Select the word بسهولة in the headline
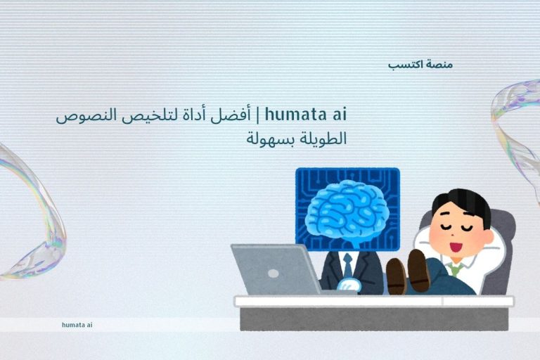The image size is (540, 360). tap(268, 138)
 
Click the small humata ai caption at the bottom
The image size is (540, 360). tap(77, 325)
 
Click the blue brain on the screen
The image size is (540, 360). tap(347, 211)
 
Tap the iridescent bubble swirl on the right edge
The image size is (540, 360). tap(517, 127)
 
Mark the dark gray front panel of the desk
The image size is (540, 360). tap(373, 319)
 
